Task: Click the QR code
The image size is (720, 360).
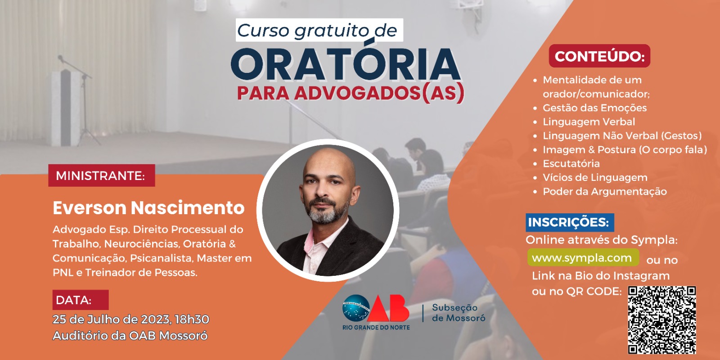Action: tap(662, 320)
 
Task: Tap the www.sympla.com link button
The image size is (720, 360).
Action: tap(583, 257)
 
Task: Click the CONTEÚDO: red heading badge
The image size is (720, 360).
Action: tap(599, 56)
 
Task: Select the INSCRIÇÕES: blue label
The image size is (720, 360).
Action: tap(570, 222)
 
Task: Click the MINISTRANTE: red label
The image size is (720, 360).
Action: tap(102, 175)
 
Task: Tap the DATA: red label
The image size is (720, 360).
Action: tap(81, 300)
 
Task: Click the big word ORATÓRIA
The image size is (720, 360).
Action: tap(346, 63)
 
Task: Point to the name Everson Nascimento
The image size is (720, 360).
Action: tap(148, 207)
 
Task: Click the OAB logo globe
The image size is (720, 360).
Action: tap(356, 308)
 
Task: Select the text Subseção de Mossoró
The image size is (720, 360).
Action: tap(459, 313)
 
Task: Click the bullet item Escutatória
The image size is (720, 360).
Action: tap(571, 164)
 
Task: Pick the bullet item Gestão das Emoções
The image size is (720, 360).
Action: tap(594, 108)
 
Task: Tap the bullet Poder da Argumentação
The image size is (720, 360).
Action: tap(605, 192)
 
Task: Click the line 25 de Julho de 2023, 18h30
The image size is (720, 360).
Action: tap(131, 319)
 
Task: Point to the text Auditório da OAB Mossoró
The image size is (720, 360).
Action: tap(130, 336)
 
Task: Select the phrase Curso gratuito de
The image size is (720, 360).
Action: tap(317, 31)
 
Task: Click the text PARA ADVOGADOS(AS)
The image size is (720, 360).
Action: tap(351, 93)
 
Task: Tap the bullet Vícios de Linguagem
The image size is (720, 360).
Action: tap(595, 177)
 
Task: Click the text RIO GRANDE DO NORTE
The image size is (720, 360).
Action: tap(376, 328)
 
